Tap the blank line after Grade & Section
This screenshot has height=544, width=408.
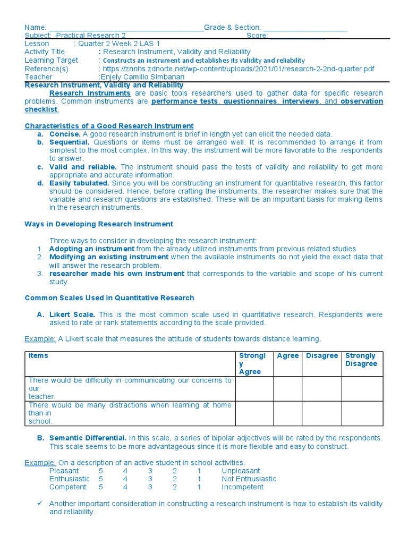(x=305, y=27)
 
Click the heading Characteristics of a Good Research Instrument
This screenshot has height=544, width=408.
(x=109, y=126)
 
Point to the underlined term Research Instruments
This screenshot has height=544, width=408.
(x=90, y=93)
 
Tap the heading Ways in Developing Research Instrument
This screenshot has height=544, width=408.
(x=99, y=224)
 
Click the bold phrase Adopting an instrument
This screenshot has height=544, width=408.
(x=91, y=249)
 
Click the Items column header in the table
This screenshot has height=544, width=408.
(x=38, y=356)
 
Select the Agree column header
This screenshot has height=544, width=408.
(x=287, y=356)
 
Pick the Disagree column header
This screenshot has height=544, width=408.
(x=321, y=356)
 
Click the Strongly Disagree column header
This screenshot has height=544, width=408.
(x=360, y=360)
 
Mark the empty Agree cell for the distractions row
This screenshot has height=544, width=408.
(x=287, y=413)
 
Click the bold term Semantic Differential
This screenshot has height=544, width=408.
(x=88, y=438)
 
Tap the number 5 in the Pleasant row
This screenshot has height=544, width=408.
(x=100, y=471)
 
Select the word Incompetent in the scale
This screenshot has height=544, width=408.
(x=242, y=487)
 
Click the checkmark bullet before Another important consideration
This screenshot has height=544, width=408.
(x=39, y=504)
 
